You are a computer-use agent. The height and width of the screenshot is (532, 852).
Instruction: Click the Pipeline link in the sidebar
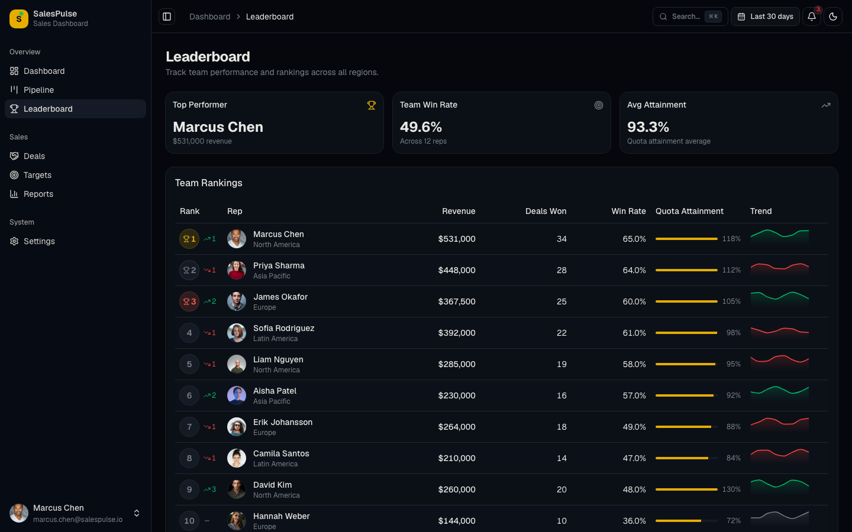pyautogui.click(x=38, y=90)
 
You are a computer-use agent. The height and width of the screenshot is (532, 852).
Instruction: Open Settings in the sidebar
pyautogui.click(x=39, y=241)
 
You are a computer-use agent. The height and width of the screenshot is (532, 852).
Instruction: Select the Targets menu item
pyautogui.click(x=37, y=175)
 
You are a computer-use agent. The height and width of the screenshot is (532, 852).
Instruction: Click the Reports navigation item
pyautogui.click(x=38, y=194)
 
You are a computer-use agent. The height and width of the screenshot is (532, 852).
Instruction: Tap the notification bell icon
pyautogui.click(x=812, y=17)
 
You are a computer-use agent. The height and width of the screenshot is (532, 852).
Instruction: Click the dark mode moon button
pyautogui.click(x=833, y=17)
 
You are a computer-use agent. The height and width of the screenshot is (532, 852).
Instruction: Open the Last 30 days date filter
pyautogui.click(x=765, y=17)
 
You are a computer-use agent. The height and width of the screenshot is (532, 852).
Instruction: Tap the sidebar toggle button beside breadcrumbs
pyautogui.click(x=167, y=17)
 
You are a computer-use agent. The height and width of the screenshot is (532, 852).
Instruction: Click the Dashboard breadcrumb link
pyautogui.click(x=209, y=17)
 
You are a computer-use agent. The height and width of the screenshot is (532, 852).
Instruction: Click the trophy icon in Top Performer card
pyautogui.click(x=372, y=105)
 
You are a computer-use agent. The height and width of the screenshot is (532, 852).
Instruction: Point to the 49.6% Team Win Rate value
pyautogui.click(x=421, y=127)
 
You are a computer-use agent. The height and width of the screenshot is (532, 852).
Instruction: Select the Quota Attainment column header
pyautogui.click(x=689, y=211)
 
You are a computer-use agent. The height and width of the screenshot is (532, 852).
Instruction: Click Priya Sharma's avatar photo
pyautogui.click(x=237, y=270)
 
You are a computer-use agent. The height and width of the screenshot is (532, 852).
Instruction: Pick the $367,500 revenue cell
pyautogui.click(x=456, y=301)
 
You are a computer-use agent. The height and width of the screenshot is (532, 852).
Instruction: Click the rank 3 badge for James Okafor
pyautogui.click(x=189, y=301)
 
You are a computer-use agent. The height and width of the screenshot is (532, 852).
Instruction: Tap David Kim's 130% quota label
pyautogui.click(x=731, y=489)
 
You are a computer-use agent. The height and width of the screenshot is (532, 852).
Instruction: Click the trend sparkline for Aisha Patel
pyautogui.click(x=779, y=392)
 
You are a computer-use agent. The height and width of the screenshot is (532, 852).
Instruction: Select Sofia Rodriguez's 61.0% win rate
pyautogui.click(x=634, y=333)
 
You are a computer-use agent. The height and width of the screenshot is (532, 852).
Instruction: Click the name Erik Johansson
pyautogui.click(x=283, y=422)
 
